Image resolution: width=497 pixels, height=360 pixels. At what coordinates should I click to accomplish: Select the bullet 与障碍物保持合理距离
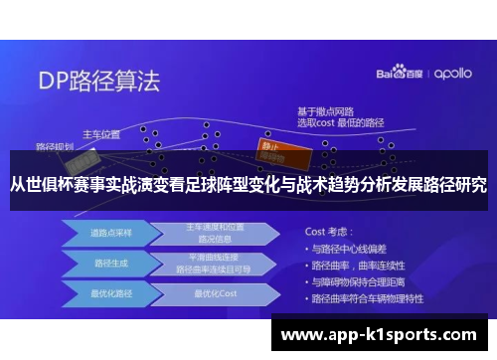click(x=364, y=282)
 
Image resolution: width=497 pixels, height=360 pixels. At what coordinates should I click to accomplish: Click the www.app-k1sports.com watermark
click(x=380, y=335)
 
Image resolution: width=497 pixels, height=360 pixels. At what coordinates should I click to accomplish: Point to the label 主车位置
click(x=100, y=133)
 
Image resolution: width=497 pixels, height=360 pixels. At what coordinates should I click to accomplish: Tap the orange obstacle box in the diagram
click(x=271, y=144)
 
